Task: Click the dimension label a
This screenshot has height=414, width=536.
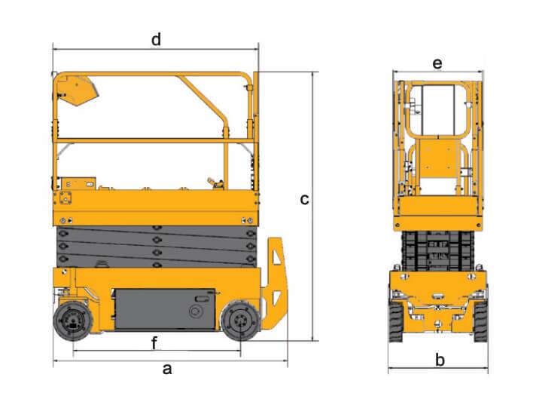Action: click(168, 370)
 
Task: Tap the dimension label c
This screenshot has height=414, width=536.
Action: click(304, 200)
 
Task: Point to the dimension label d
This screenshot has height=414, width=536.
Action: click(156, 39)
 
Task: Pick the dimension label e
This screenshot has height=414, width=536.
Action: click(437, 63)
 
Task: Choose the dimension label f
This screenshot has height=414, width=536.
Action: click(154, 344)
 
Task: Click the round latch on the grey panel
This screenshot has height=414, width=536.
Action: click(197, 309)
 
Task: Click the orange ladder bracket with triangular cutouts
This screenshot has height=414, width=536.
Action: click(275, 283)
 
